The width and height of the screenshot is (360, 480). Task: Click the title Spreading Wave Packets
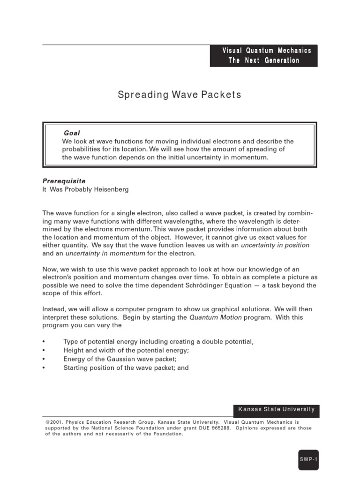pyautogui.click(x=179, y=95)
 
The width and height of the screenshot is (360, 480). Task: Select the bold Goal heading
pyautogui.click(x=72, y=133)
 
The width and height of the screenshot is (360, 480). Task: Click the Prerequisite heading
pyautogui.click(x=64, y=180)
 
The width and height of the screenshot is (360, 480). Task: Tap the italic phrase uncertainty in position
pyautogui.click(x=275, y=245)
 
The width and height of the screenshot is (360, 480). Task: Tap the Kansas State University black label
pyautogui.click(x=276, y=409)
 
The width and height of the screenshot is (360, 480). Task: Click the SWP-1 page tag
pyautogui.click(x=308, y=460)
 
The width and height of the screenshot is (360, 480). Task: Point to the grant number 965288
pyautogui.click(x=220, y=428)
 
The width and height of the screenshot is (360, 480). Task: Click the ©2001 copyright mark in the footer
pyautogui.click(x=53, y=422)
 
